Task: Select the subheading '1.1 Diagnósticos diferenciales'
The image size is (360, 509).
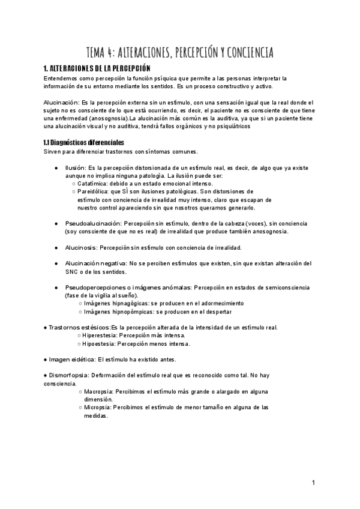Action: pos(84,143)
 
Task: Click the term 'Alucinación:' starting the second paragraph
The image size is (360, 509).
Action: pos(62,103)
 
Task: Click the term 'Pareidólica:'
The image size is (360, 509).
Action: pos(96,192)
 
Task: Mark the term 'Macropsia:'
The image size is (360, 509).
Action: pos(99,391)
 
